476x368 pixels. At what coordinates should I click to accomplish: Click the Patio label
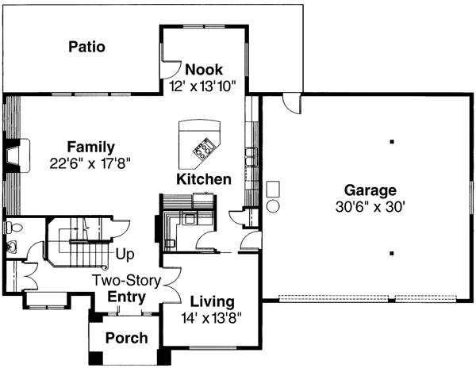(x=86, y=46)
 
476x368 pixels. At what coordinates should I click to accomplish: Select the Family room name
(x=90, y=148)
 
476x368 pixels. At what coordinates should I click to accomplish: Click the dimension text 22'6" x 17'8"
(x=89, y=162)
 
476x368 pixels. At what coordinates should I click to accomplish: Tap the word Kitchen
(x=204, y=179)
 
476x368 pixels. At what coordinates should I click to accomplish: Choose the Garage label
(x=370, y=190)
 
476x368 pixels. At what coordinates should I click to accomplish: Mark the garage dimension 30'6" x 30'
(x=370, y=205)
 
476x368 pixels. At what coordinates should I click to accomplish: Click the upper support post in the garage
(x=392, y=142)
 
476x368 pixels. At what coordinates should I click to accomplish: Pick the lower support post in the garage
(x=392, y=254)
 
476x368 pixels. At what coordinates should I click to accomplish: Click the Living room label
(x=212, y=302)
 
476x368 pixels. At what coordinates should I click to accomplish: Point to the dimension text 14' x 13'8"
(x=212, y=316)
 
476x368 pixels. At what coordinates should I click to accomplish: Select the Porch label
(x=127, y=339)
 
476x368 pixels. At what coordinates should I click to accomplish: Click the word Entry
(x=127, y=297)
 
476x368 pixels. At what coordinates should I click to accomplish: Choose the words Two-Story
(x=127, y=281)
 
